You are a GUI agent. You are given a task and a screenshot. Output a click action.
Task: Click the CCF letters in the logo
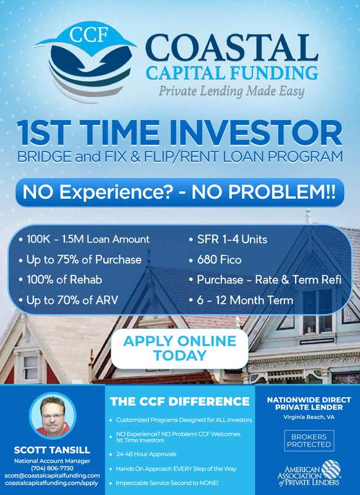point(89,35)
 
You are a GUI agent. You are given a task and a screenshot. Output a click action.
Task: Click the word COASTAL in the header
point(231,48)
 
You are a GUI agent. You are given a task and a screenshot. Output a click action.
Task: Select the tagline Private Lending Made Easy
point(231,91)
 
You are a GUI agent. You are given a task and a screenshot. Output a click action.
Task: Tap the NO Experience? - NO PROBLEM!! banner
point(179,192)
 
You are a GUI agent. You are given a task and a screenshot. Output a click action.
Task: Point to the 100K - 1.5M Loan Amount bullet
point(85,239)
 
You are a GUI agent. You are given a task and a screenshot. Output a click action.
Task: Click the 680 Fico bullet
point(215,260)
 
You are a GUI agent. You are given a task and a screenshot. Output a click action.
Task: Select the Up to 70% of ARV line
point(69,300)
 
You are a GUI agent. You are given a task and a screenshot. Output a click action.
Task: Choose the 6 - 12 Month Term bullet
point(241,300)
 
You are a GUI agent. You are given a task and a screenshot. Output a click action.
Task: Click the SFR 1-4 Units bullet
point(228,239)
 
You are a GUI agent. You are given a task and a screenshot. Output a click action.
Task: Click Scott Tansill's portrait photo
point(53,416)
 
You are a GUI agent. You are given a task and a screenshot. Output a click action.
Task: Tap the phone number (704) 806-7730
point(52,468)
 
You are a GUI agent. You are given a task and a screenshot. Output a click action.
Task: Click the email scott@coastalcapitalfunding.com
point(52,475)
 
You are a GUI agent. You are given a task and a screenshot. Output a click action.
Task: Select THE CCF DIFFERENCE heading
point(180,401)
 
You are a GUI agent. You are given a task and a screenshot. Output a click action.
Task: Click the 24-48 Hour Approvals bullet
point(146,454)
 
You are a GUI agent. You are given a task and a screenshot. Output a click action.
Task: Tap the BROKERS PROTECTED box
point(309,441)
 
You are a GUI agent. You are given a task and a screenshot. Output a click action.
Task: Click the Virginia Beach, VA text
point(309,417)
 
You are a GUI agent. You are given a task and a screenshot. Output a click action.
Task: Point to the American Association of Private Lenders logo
point(309,473)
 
